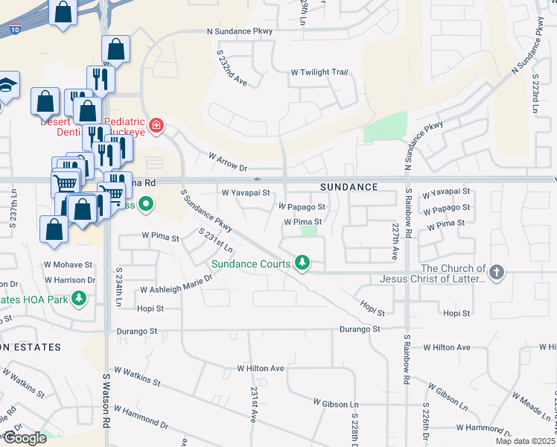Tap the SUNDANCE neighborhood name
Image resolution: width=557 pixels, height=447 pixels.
[349, 187]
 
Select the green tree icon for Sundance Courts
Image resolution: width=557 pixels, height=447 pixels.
[302, 263]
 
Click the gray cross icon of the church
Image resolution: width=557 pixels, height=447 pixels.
[497, 273]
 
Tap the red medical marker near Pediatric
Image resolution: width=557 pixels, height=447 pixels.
[156, 124]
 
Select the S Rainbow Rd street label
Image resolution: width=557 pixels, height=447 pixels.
[407, 358]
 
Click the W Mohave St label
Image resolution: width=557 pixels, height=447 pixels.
[68, 264]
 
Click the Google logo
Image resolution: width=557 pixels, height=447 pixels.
[25, 438]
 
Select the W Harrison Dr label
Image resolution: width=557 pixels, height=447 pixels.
[70, 280]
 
